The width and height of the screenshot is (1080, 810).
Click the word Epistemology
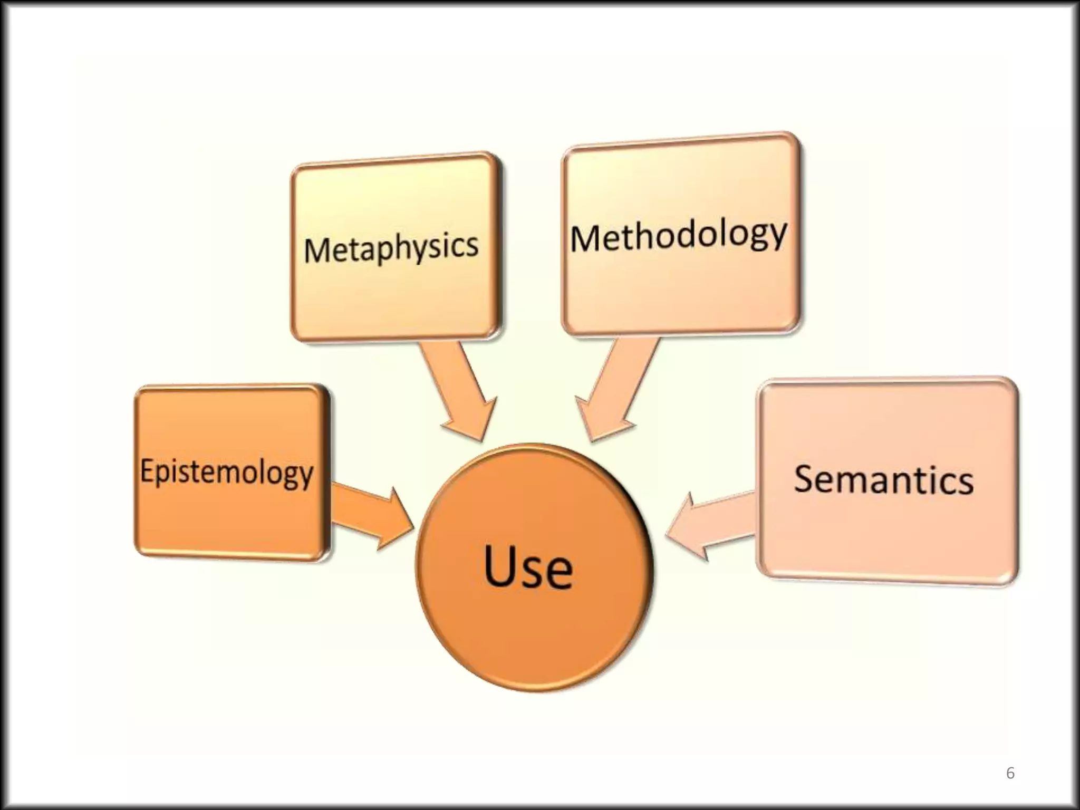click(227, 471)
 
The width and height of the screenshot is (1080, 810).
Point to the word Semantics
click(884, 479)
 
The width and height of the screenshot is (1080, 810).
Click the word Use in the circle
click(528, 567)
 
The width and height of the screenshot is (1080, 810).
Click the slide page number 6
click(1010, 773)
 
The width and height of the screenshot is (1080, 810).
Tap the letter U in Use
click(500, 565)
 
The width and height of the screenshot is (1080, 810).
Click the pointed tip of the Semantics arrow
click(668, 535)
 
